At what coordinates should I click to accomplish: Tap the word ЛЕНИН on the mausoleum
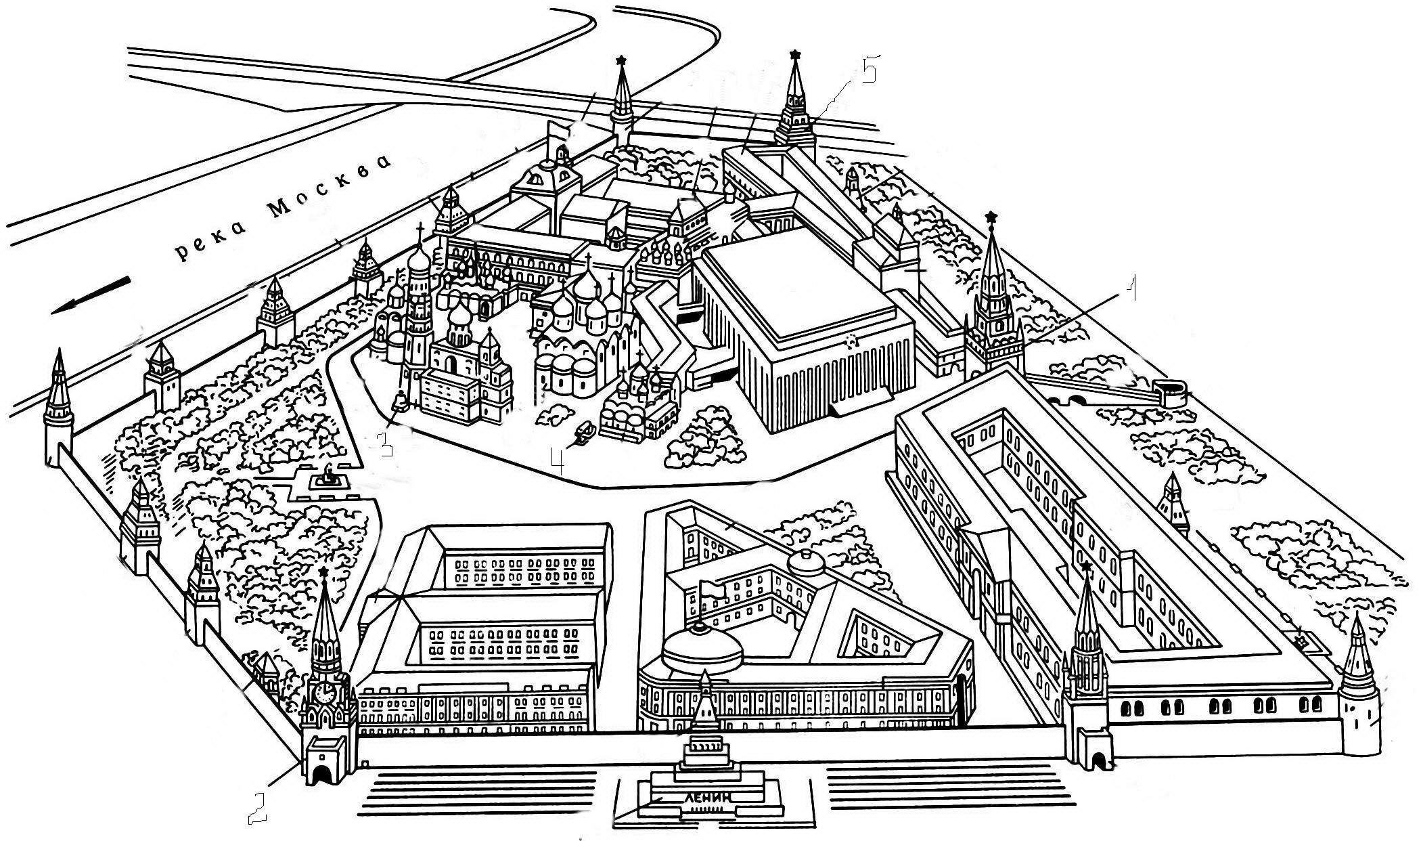pyautogui.click(x=707, y=798)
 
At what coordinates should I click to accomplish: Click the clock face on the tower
pyautogui.click(x=325, y=691)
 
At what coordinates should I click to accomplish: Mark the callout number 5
pyautogui.click(x=867, y=70)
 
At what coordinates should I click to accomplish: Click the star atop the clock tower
pyautogui.click(x=324, y=573)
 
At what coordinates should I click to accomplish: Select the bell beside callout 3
pyautogui.click(x=401, y=404)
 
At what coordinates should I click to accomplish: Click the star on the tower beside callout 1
pyautogui.click(x=992, y=217)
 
